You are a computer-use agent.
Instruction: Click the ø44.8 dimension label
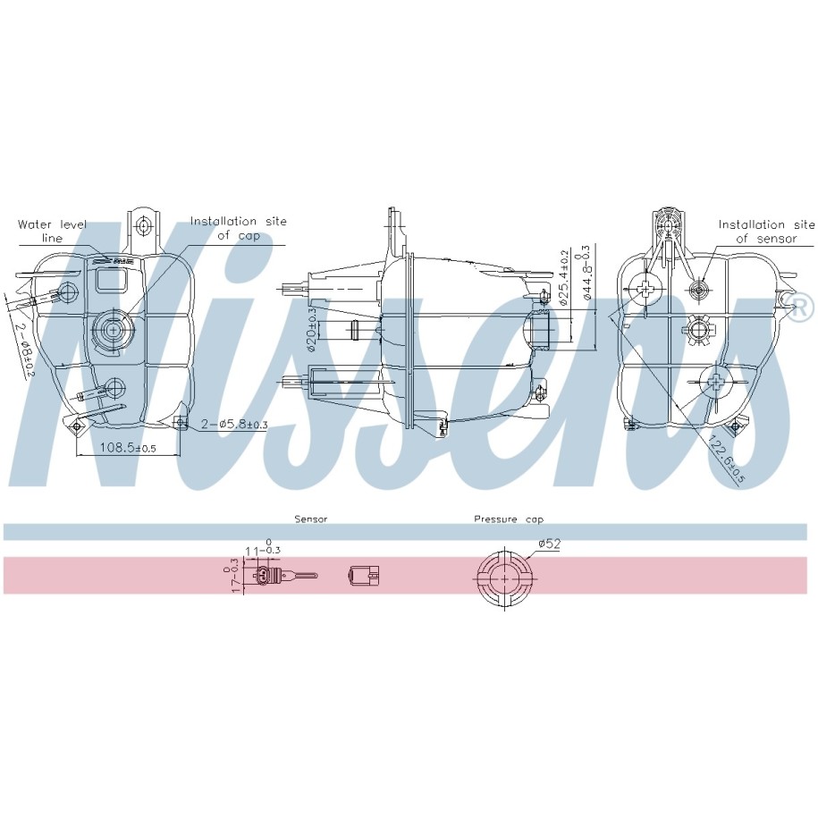pyautogui.click(x=586, y=273)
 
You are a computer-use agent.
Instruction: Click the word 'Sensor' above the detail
pyautogui.click(x=311, y=519)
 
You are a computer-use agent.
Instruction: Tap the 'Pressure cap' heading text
pyautogui.click(x=509, y=519)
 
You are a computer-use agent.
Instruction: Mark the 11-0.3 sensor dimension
pyautogui.click(x=261, y=549)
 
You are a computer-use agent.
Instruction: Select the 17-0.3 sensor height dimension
pyautogui.click(x=233, y=575)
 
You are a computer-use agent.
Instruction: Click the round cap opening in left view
pyautogui.click(x=113, y=328)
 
